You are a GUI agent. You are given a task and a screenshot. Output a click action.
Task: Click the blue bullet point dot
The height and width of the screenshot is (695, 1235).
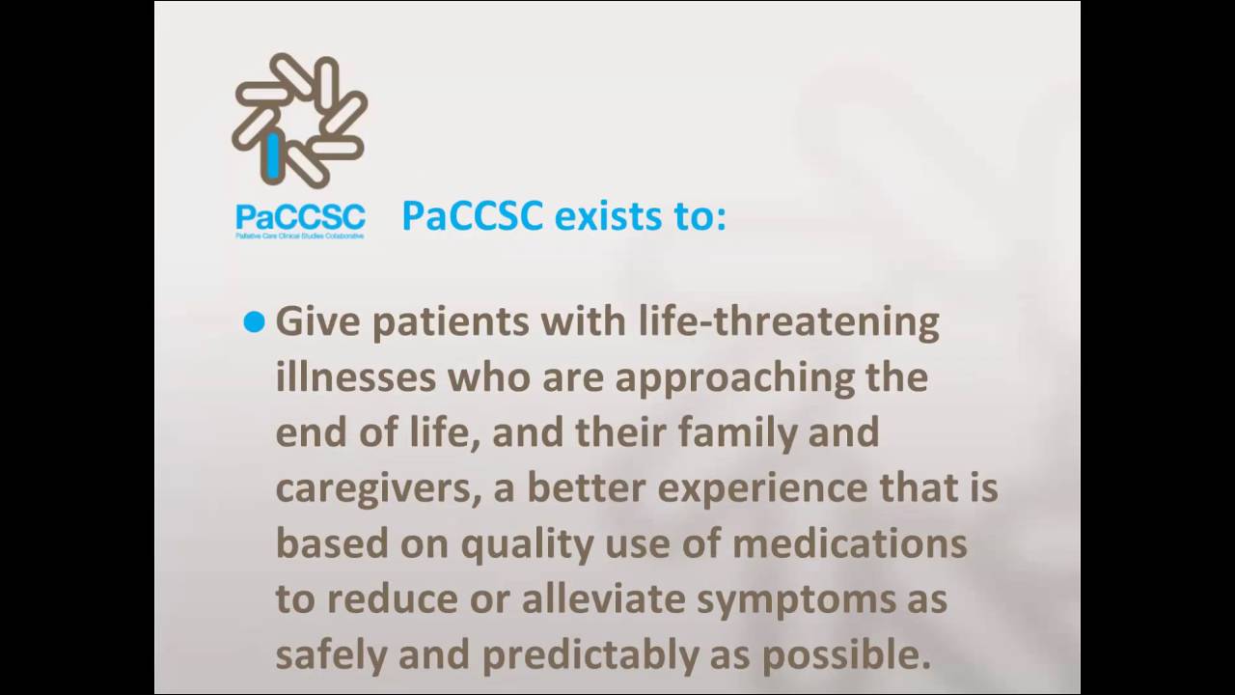point(254,322)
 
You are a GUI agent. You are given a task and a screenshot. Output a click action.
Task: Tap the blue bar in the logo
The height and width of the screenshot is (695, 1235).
point(274,155)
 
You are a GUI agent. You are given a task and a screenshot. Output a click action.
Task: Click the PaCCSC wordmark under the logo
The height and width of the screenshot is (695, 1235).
point(300,216)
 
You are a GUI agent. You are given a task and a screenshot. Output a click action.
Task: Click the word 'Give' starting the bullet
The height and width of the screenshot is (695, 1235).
point(317,321)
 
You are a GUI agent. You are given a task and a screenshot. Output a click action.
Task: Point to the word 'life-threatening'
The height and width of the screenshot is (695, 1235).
point(788,321)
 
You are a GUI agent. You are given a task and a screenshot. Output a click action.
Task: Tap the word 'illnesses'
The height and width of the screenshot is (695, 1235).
point(355,376)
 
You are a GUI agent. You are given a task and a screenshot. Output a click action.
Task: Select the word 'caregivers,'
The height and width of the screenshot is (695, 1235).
point(378,488)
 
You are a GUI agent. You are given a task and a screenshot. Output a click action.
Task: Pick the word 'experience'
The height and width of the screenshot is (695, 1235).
point(750,488)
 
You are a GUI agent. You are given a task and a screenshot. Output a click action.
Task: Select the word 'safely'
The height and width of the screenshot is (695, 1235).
point(331,655)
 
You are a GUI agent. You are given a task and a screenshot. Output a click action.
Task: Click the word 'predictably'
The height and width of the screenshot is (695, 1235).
point(590,655)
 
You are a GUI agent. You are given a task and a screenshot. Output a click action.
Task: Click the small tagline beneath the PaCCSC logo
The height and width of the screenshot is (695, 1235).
point(300,236)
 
